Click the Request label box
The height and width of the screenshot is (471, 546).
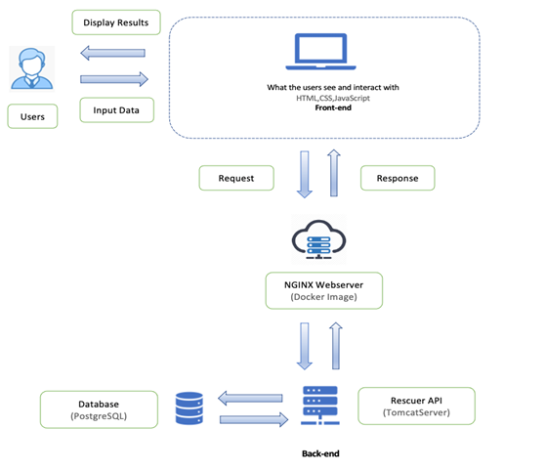[236, 179]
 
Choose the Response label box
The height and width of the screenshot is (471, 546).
[398, 179]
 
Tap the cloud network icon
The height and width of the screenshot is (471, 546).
[323, 239]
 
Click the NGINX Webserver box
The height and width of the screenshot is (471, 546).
[324, 290]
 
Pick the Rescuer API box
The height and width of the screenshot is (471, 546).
[417, 405]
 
